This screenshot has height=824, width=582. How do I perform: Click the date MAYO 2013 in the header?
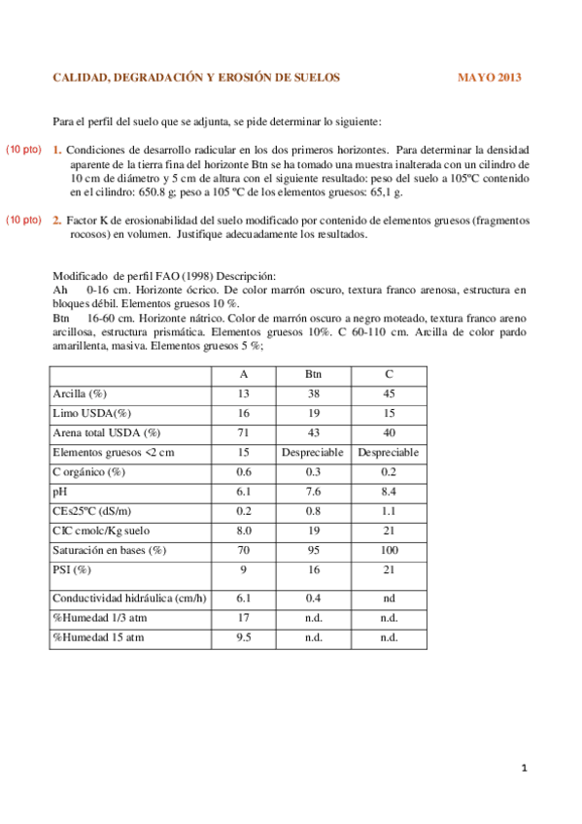490,77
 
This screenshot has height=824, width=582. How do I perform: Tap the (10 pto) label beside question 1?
23,150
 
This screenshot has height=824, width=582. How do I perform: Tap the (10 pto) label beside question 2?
23,220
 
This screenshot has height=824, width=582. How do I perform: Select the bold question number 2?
57,221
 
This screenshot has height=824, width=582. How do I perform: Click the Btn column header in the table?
313,375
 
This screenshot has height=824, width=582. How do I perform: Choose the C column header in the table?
388,375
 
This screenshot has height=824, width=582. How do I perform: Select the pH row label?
59,492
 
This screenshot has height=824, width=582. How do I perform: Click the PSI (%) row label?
72,569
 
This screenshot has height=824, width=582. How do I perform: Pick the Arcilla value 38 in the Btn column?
313,394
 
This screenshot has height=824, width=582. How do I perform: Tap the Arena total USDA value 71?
244,432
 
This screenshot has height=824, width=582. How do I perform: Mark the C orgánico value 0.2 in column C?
388,472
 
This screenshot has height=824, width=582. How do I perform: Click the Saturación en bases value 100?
388,550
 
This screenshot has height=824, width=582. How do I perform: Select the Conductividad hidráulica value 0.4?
313,598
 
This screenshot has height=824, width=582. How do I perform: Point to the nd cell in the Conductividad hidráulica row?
388,598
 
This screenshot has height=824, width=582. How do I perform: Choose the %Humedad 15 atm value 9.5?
244,637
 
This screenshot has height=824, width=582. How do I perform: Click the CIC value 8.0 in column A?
244,531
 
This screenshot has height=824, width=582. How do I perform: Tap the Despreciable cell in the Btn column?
313,453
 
